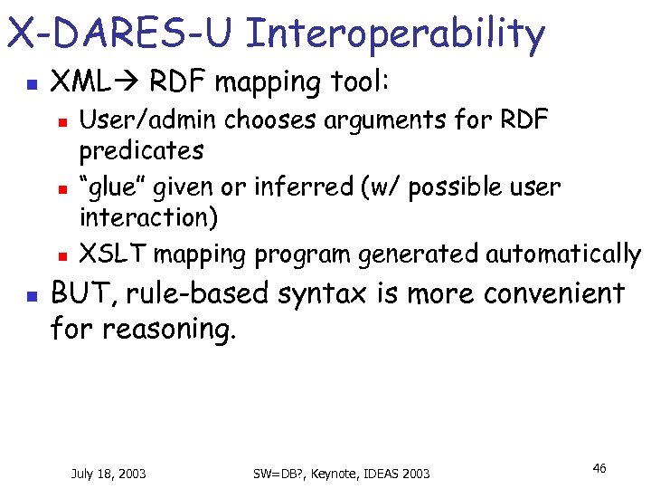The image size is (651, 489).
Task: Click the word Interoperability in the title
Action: [x=395, y=34]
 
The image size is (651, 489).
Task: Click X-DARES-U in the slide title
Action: [x=120, y=34]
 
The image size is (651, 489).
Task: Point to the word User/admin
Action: [x=148, y=120]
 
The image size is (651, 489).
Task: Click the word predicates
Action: [x=141, y=149]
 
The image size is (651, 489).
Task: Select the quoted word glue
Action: [x=116, y=187]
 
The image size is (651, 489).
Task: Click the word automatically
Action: [x=563, y=254]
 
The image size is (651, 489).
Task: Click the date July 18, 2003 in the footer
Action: [x=108, y=473]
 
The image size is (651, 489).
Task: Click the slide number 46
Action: [x=599, y=467]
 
